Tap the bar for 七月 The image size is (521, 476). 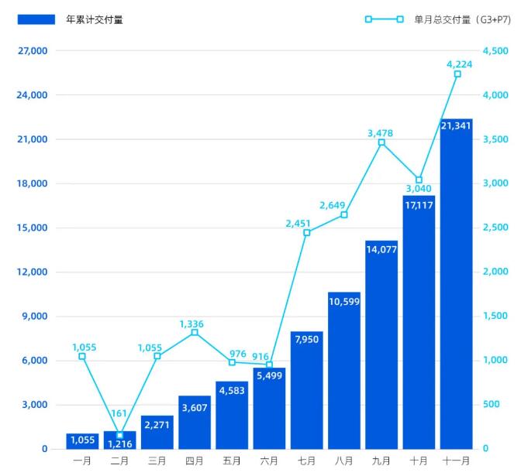pos(306,390)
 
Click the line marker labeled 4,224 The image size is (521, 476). pos(457,74)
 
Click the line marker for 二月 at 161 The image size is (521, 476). pos(119,435)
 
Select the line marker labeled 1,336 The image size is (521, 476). pos(195,332)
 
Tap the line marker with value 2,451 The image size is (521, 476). pos(306,232)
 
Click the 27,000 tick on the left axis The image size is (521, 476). pos(33,51)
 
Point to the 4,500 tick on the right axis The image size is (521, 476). pos(495,51)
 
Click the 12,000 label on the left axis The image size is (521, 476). pos(33,272)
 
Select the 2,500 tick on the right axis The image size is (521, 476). pos(495,228)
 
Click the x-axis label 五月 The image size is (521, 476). pos(232,461)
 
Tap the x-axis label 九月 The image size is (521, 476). pos(381,461)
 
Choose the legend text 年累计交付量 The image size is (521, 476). pos(95,19)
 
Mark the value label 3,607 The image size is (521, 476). pos(195,407)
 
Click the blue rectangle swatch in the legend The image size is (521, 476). pos(36,19)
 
